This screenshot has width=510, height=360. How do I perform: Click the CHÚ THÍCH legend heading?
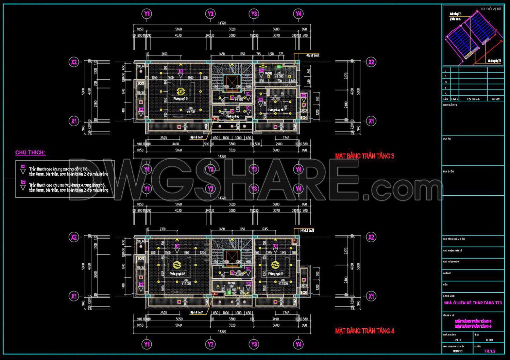point(30,152)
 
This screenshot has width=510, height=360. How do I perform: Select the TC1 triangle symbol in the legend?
point(23,171)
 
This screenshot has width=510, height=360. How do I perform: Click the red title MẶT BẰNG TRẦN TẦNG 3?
point(364,156)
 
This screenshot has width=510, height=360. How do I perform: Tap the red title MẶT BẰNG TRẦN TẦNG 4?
point(364,331)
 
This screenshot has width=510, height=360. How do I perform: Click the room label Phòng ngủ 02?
point(177,274)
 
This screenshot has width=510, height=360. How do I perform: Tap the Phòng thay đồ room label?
point(275,110)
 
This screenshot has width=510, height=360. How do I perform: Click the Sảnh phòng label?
point(233,116)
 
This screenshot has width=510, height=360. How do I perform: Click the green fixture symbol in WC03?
point(279,67)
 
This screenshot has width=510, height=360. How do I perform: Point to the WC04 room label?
point(232,283)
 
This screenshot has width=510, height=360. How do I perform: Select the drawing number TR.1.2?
point(489,351)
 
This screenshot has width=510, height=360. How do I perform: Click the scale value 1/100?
point(489,340)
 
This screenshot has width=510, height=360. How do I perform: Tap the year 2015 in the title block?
point(458,340)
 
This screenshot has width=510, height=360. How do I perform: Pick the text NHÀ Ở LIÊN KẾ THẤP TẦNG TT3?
point(473,303)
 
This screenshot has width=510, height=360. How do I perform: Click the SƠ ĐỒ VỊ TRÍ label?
point(491,9)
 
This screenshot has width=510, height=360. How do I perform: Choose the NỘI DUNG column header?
point(473,99)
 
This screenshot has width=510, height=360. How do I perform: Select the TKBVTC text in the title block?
point(458,351)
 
